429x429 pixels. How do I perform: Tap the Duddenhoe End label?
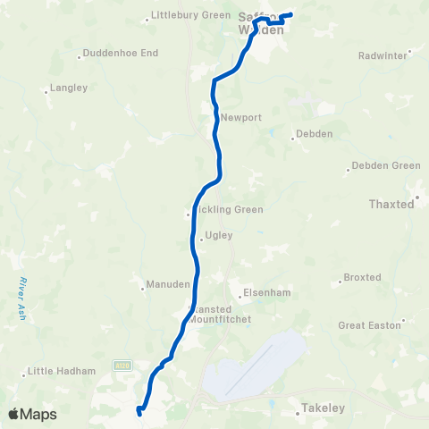pos(122,53)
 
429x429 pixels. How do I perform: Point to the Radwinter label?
pos(383,55)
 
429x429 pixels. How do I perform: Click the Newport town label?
pos(240,117)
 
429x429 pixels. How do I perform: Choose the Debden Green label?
pos(385,165)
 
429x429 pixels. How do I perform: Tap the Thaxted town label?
pos(391,204)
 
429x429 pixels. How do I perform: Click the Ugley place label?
pos(218,236)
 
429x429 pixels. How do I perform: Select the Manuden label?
pos(169,285)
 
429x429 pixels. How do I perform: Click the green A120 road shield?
pos(122,365)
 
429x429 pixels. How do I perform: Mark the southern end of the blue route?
pos(139,411)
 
